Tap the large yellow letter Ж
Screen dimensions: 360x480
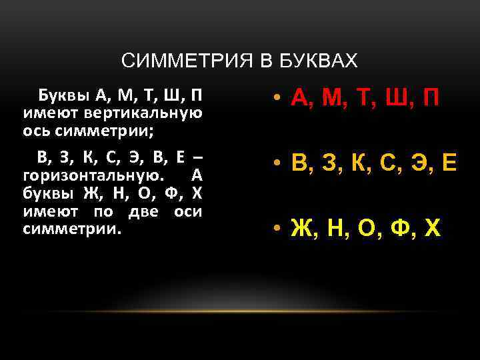coord(301,229)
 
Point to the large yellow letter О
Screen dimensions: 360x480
coord(366,229)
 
